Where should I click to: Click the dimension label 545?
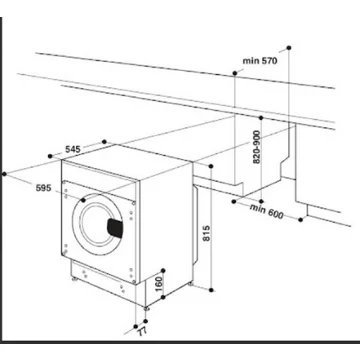73,149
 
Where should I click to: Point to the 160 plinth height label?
157,283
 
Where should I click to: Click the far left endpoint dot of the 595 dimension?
7,174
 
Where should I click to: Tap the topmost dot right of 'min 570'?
287,45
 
